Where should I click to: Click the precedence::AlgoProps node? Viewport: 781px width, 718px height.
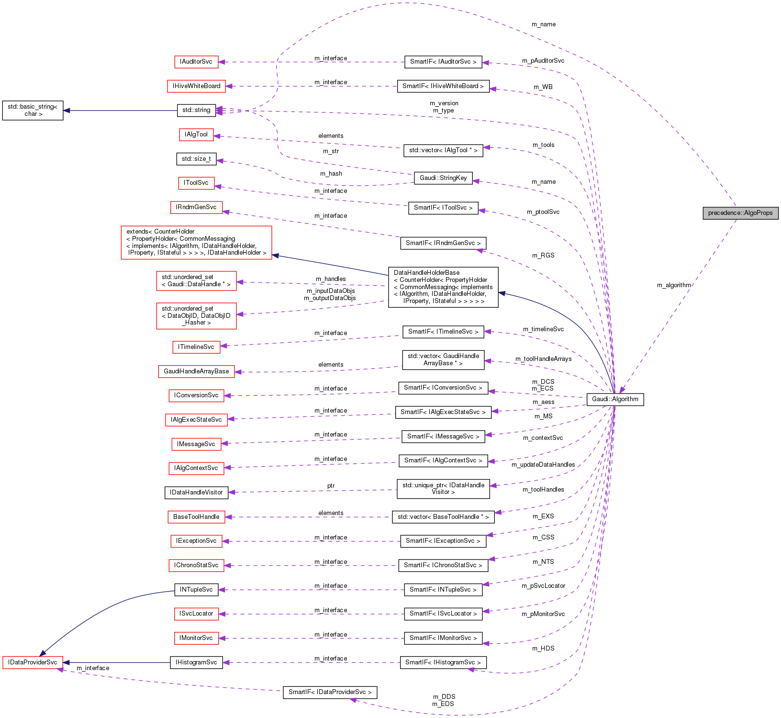(x=740, y=213)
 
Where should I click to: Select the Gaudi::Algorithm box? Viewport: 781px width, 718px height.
(x=615, y=399)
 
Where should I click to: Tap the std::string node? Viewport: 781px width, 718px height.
(x=196, y=110)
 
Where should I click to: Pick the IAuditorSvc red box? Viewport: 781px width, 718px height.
(x=196, y=62)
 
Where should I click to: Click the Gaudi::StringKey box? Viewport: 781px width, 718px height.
(x=443, y=178)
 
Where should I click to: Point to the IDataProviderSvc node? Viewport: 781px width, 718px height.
(x=33, y=662)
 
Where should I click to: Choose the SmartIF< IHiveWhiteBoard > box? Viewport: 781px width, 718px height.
(x=443, y=86)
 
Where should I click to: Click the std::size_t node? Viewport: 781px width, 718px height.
(x=196, y=159)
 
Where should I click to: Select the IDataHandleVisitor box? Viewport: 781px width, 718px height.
(x=196, y=492)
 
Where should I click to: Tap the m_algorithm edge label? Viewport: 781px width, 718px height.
(x=674, y=285)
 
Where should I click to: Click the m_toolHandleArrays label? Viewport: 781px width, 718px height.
(x=543, y=359)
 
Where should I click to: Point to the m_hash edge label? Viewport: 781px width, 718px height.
(x=331, y=174)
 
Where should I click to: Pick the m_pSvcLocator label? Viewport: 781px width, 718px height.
(x=543, y=586)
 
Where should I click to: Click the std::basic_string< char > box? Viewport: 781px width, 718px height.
(x=33, y=110)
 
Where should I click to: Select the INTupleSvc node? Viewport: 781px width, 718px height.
(x=196, y=590)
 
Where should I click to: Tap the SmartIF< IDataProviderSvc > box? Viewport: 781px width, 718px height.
(x=330, y=692)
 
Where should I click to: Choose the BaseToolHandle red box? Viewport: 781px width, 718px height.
(x=196, y=517)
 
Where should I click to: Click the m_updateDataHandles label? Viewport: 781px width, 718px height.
(x=543, y=465)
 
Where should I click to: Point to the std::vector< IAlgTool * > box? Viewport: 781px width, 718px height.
(x=443, y=150)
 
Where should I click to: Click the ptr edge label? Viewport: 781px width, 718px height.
(x=331, y=486)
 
